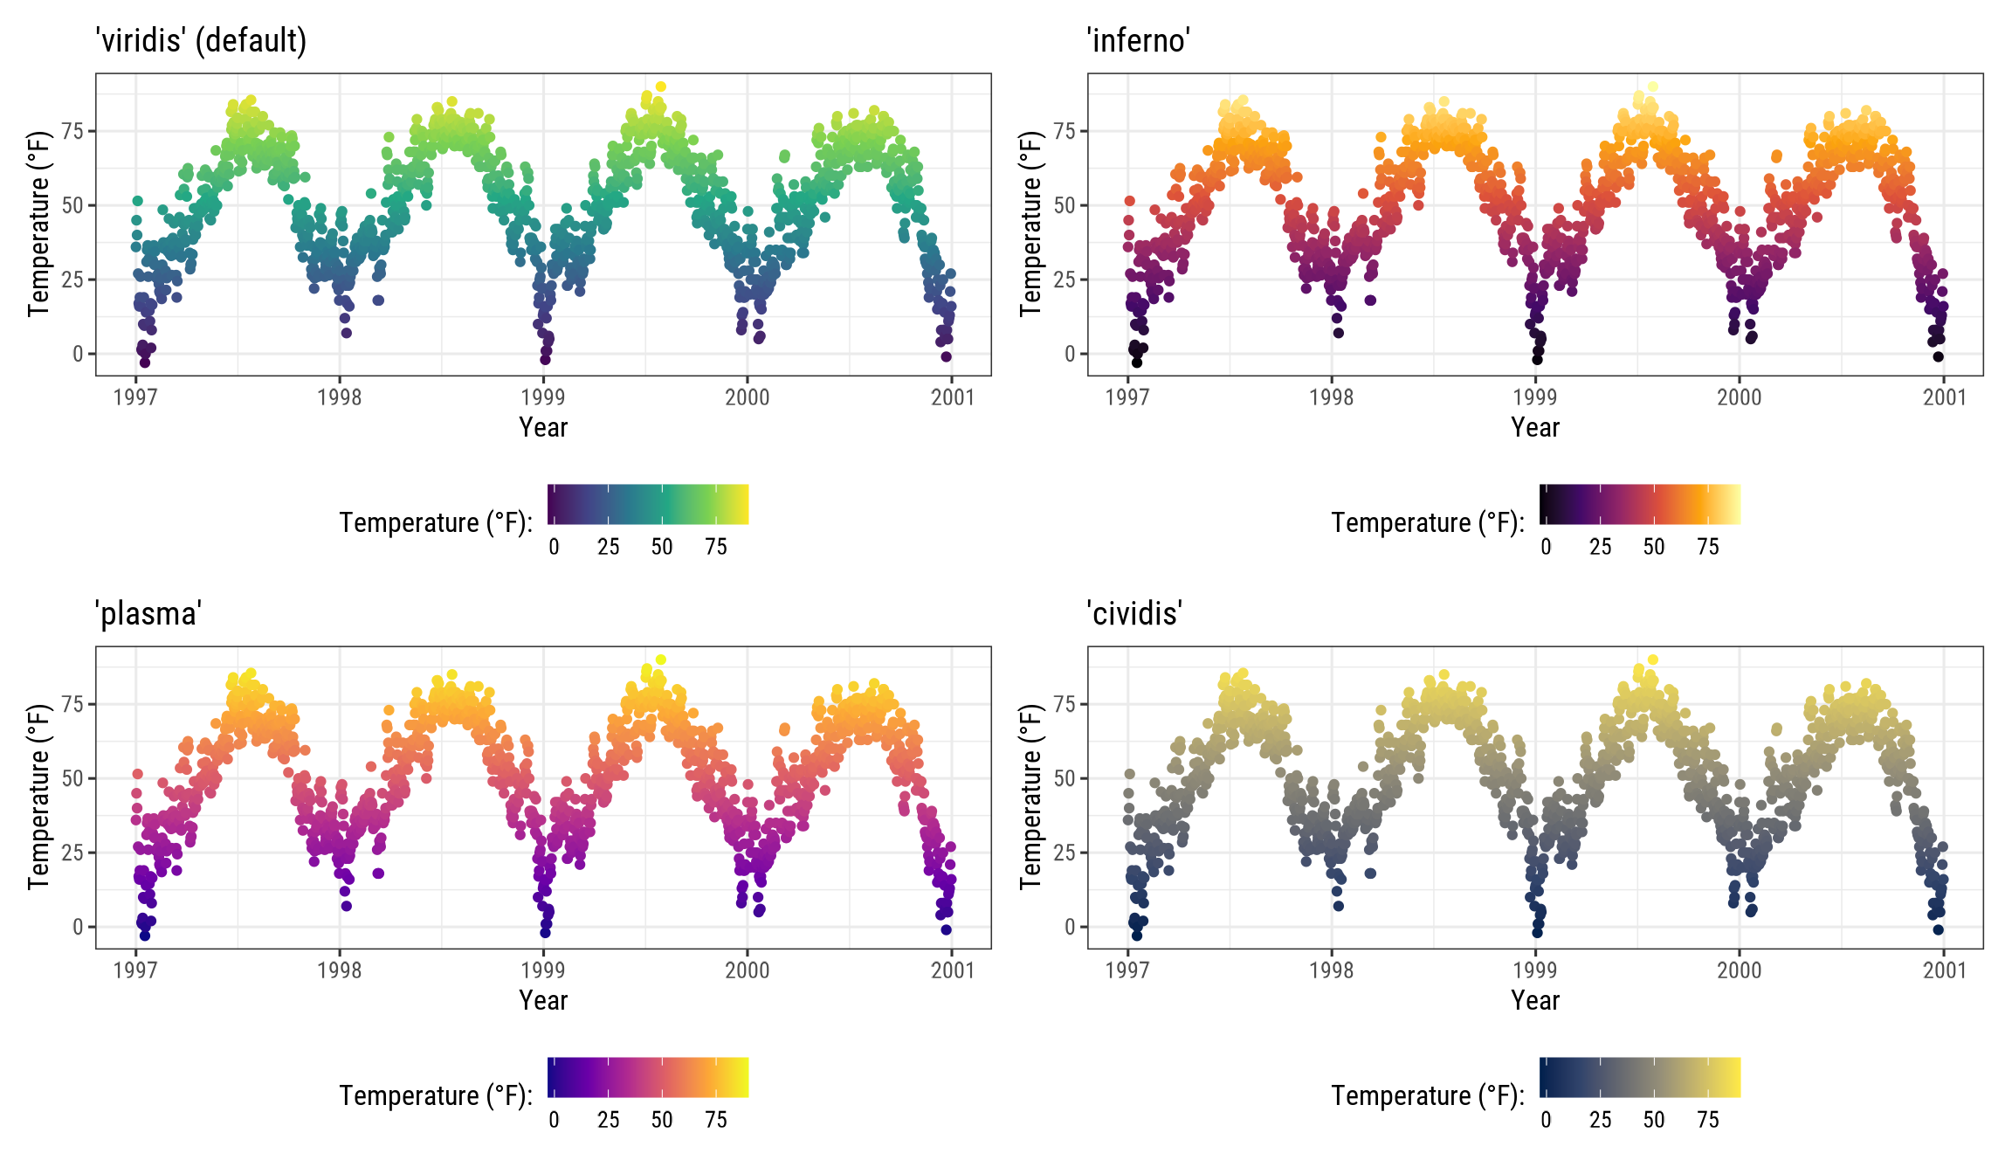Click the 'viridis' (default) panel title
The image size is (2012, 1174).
201,40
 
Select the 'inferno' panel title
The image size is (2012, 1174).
1138,40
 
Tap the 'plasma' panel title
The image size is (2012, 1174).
148,613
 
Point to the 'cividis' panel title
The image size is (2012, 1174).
1134,613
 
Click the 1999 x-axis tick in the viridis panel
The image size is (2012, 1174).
543,397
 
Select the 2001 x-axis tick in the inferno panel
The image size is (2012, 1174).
1944,397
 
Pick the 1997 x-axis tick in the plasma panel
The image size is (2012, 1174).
135,970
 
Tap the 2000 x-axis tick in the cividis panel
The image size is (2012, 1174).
1740,970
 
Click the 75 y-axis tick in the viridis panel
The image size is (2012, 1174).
72,131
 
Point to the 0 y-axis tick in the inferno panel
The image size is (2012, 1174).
1070,354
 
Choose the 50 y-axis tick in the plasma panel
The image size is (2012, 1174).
72,777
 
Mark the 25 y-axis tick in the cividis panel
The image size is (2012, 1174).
1065,852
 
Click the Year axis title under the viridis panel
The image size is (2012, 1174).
543,427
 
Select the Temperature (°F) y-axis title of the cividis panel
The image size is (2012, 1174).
1030,797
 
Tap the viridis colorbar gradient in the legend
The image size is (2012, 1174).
648,504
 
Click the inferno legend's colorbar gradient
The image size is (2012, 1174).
1640,504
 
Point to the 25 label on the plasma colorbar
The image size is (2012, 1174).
608,1120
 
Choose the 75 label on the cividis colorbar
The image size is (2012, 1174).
1708,1120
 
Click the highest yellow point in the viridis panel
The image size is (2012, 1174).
661,86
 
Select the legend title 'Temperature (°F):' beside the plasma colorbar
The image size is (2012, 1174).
436,1095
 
